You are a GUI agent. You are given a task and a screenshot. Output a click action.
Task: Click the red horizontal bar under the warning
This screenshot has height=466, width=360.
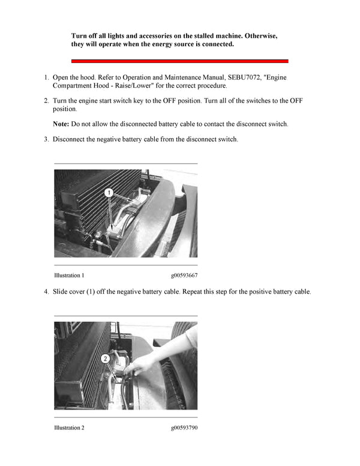(x=180, y=61)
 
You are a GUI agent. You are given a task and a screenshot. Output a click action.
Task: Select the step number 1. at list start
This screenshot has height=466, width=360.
(x=46, y=77)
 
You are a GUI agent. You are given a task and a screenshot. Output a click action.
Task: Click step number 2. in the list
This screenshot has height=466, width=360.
(x=46, y=100)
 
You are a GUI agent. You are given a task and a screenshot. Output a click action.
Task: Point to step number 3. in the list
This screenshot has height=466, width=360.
(x=46, y=139)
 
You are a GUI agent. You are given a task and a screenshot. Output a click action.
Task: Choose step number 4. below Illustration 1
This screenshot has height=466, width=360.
(x=46, y=291)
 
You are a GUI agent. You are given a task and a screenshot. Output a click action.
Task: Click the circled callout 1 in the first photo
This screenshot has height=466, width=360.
(x=109, y=193)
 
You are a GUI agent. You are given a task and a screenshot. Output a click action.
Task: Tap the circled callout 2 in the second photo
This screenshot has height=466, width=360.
(x=104, y=359)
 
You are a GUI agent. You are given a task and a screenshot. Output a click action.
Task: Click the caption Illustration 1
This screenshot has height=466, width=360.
(x=69, y=275)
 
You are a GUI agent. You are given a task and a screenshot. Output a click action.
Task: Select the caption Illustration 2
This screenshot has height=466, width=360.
(x=69, y=428)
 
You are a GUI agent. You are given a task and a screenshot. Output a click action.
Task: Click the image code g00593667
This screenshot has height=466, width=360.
(x=184, y=275)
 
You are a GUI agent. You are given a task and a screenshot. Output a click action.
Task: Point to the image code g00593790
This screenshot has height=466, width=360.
(x=184, y=428)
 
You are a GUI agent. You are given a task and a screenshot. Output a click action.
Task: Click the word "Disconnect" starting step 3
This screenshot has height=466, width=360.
(x=70, y=139)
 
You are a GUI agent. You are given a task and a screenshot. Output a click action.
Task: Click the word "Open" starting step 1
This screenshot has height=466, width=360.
(x=61, y=77)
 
